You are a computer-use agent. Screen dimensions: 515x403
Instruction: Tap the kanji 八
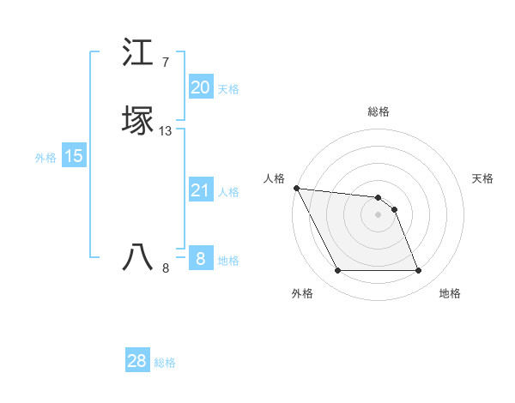[x=139, y=256]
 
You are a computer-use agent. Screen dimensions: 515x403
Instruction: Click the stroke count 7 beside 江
[x=166, y=63]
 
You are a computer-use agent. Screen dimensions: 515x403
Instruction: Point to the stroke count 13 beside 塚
[x=166, y=131]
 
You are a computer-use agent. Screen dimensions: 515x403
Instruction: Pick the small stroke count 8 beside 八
[x=166, y=268]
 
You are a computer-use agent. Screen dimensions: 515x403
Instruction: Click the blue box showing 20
[x=200, y=87]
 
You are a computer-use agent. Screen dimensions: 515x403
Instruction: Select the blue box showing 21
[x=200, y=190]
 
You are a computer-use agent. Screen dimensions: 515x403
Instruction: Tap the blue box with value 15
[x=73, y=156]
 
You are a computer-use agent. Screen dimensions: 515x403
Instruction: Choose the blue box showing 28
[x=137, y=361]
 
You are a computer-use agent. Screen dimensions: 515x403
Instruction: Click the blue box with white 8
[x=200, y=259]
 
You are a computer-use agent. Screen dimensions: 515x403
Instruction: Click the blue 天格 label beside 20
[x=228, y=89]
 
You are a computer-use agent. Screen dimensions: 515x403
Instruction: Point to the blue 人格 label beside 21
[x=228, y=192]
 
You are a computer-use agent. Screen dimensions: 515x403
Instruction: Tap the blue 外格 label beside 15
[x=45, y=158]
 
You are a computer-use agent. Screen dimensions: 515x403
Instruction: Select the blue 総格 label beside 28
[x=165, y=363]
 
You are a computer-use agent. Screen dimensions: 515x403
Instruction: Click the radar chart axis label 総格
[x=379, y=111]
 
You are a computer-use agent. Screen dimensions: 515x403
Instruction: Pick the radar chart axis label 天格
[x=482, y=178]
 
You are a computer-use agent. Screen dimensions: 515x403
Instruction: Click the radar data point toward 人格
[x=296, y=188]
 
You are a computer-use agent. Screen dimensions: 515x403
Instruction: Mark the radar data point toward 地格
[x=419, y=271]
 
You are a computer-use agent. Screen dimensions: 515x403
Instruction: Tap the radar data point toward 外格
[x=337, y=271]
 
